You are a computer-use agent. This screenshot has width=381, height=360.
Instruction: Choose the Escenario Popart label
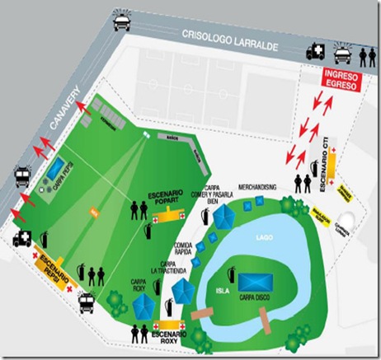click(170, 198)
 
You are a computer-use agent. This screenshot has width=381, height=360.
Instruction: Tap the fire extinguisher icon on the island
click(233, 269)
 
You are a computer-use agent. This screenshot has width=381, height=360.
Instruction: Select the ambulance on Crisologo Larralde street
click(316, 51)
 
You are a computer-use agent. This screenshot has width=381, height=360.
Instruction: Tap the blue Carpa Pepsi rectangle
click(54, 171)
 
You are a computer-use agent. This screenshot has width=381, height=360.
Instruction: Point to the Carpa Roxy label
click(139, 285)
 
